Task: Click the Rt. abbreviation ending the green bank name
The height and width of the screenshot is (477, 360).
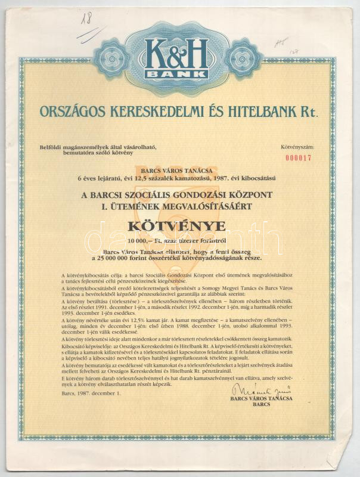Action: [x=309, y=110]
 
